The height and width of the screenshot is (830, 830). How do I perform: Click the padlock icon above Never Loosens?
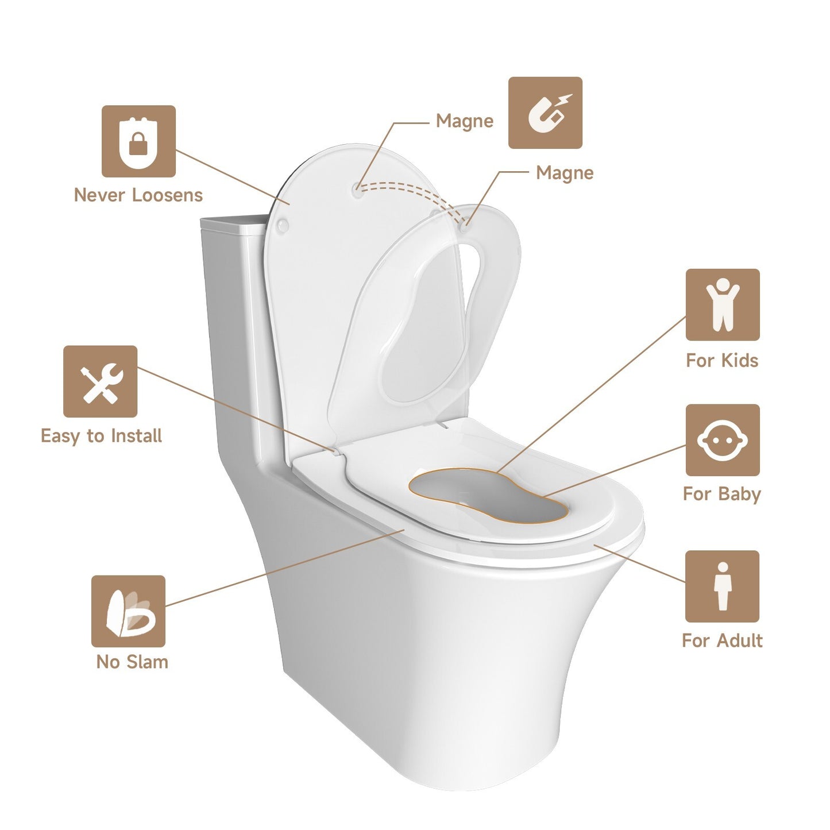(x=138, y=141)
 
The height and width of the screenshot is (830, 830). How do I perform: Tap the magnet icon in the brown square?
(x=545, y=113)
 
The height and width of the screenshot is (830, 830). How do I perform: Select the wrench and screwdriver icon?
(x=101, y=381)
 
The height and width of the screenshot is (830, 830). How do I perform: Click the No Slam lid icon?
(x=129, y=611)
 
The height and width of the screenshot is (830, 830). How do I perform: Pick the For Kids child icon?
(x=723, y=304)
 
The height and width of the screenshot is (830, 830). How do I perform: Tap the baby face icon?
(x=723, y=440)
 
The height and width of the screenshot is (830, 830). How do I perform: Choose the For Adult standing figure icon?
(x=722, y=586)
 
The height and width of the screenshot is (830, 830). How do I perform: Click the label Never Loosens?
(x=138, y=195)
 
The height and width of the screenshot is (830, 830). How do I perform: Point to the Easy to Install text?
(x=101, y=436)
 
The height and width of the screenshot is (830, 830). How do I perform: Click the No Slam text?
(x=132, y=662)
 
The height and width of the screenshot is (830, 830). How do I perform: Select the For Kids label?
(x=722, y=361)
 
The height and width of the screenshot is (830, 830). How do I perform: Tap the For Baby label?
(x=722, y=494)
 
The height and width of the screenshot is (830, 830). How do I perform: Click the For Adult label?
(x=722, y=640)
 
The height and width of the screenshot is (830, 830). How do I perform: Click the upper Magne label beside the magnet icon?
(x=465, y=121)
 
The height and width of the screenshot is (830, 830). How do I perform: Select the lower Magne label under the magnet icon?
(x=565, y=173)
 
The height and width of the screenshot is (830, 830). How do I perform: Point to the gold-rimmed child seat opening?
(x=488, y=495)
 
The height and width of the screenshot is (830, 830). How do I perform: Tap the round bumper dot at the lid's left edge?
(x=283, y=226)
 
